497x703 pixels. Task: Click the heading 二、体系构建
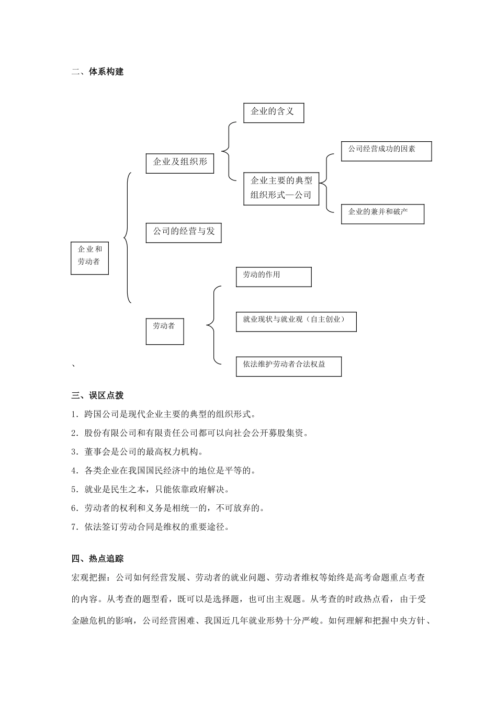click(x=97, y=72)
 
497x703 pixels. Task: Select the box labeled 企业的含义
click(x=274, y=112)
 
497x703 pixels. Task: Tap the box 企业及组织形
click(x=179, y=163)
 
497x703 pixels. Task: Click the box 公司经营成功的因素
click(x=386, y=151)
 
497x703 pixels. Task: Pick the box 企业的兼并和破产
click(x=382, y=213)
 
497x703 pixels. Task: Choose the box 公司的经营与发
click(x=183, y=232)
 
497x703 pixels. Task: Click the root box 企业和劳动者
click(x=89, y=257)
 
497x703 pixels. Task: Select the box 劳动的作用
click(x=273, y=276)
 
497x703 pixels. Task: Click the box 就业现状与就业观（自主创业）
click(x=296, y=321)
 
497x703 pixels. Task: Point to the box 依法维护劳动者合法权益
click(x=288, y=366)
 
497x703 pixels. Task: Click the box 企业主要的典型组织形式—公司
click(x=281, y=188)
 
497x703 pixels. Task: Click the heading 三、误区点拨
click(x=97, y=395)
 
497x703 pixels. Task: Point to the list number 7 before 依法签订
click(x=74, y=527)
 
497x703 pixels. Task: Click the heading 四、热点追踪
click(x=97, y=559)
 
